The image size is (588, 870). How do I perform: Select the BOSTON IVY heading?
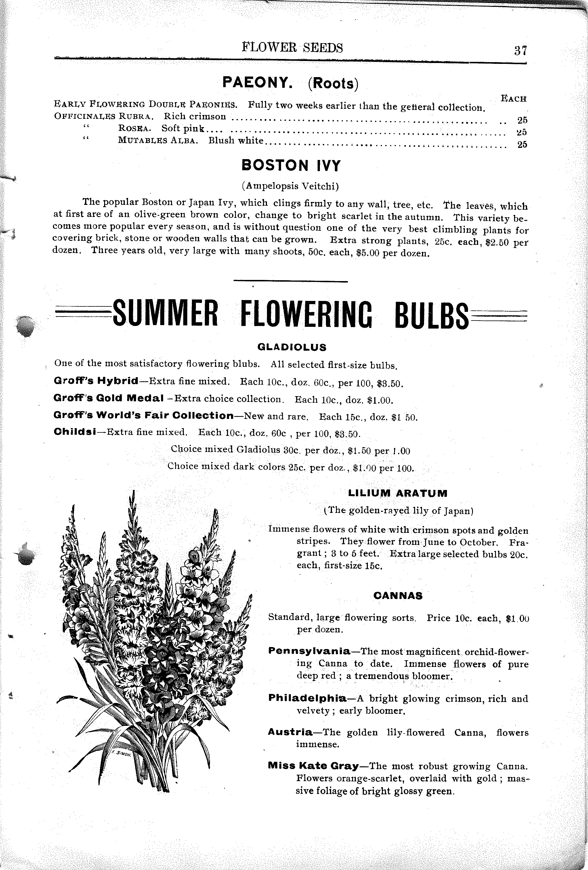[291, 165]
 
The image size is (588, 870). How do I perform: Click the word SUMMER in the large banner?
[165, 314]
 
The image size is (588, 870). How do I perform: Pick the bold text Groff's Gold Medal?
[108, 398]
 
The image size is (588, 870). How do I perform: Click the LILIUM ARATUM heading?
[398, 493]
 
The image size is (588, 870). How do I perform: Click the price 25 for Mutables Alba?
[522, 144]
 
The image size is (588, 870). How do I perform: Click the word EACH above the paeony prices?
[513, 99]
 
